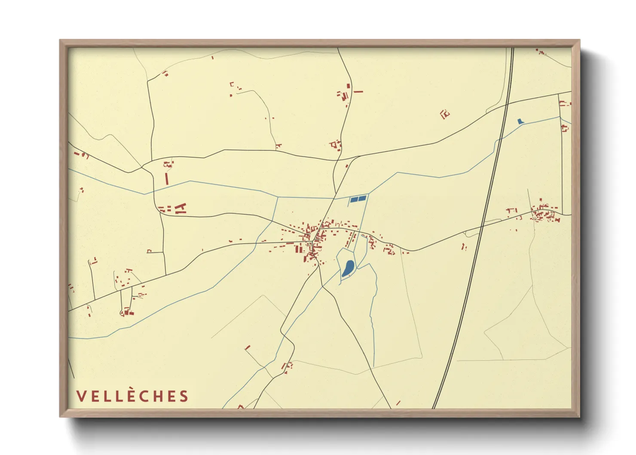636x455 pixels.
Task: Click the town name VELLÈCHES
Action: pos(132,396)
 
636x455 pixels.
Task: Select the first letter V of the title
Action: pos(80,396)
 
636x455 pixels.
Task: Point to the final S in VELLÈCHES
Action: pos(184,396)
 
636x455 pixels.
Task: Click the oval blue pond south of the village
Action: pos(348,268)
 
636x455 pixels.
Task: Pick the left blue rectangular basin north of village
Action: pos(354,199)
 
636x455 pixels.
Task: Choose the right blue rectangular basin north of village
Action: pos(362,198)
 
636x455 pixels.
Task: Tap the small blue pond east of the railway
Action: pos(520,121)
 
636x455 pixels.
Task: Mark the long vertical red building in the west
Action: pos(166,178)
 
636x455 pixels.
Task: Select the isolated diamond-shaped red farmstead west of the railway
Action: pos(445,114)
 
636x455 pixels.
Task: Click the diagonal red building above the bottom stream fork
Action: pos(247,347)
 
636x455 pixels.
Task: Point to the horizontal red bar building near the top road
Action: pos(358,92)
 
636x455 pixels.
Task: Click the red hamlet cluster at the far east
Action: pos(545,214)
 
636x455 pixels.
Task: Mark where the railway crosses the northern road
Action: pos(507,104)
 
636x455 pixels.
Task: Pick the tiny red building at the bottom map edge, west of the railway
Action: pos(398,403)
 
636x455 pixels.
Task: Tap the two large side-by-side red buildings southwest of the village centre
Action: pos(298,248)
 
